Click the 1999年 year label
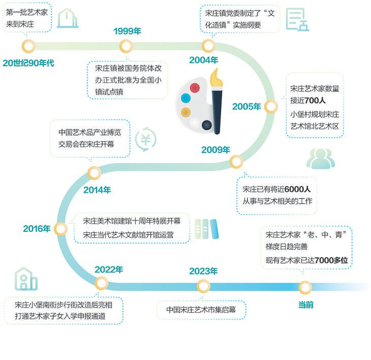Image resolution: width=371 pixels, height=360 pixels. (127, 31)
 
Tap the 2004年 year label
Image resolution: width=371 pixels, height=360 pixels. (204, 60)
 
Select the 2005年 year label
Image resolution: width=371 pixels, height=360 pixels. (246, 107)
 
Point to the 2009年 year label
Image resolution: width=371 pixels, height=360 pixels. (215, 150)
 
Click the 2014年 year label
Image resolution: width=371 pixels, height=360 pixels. (97, 189)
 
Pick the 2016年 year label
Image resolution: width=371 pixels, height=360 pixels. (37, 229)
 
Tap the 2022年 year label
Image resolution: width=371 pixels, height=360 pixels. (109, 269)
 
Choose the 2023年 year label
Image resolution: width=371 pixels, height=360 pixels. (204, 271)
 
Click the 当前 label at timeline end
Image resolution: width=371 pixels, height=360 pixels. (306, 304)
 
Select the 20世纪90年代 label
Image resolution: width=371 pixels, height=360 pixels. (28, 63)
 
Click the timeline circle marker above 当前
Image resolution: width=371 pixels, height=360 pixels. (305, 287)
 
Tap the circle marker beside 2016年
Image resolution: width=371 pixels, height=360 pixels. (61, 229)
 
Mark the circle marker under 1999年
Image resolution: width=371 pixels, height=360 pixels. (126, 46)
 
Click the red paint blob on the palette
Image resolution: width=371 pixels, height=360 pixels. (195, 87)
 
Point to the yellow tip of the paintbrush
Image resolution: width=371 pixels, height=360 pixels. (216, 78)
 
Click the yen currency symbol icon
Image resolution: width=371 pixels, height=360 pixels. (145, 139)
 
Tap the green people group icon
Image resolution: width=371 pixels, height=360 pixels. (321, 159)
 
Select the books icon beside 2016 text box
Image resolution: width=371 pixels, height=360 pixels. (206, 229)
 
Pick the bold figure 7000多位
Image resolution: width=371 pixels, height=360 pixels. (331, 260)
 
